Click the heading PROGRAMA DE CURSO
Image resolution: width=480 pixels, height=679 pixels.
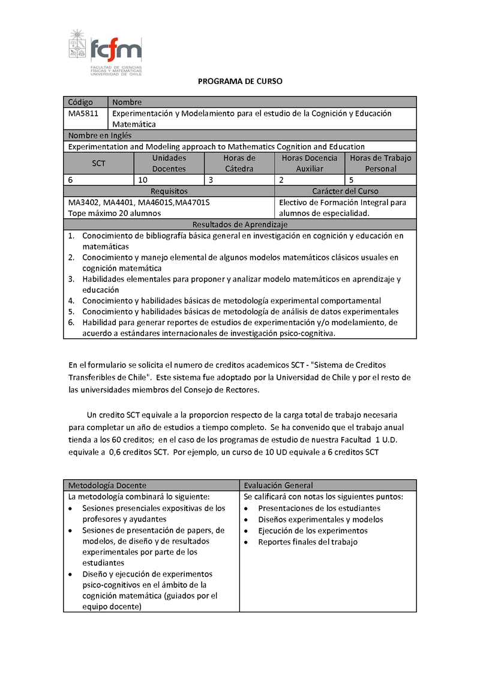(x=240, y=81)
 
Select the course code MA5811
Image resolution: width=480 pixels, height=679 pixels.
(x=82, y=113)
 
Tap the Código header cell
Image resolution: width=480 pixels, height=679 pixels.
(x=81, y=102)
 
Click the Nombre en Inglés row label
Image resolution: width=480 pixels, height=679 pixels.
(x=100, y=136)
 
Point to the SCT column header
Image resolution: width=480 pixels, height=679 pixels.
(x=98, y=163)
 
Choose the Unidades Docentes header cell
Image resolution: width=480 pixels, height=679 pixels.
(x=169, y=163)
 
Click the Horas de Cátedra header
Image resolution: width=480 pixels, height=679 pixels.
(x=239, y=163)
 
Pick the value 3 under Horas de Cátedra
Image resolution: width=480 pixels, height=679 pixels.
(x=211, y=179)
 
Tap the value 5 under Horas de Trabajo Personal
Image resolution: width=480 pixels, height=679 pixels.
(x=351, y=179)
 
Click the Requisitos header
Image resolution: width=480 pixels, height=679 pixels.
(x=169, y=191)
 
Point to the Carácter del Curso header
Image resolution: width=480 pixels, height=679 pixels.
(x=345, y=191)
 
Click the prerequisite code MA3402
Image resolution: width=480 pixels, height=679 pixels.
(x=84, y=202)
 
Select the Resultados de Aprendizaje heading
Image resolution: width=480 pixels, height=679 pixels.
(x=239, y=224)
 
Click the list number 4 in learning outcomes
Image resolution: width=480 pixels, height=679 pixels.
(x=70, y=301)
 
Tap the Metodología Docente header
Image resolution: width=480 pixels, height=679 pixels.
(x=107, y=485)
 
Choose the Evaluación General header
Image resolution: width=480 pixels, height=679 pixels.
(x=278, y=485)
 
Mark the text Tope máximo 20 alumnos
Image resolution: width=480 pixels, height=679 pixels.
(x=114, y=213)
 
